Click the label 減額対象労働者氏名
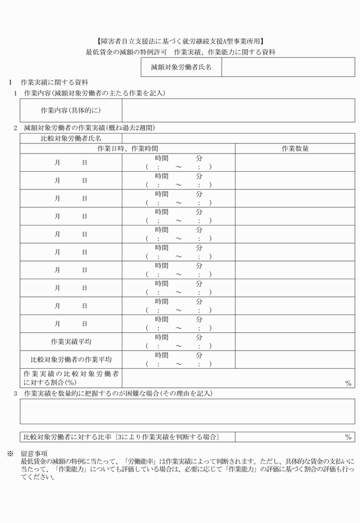click(x=181, y=67)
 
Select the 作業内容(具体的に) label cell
click(x=71, y=110)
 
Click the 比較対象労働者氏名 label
click(x=71, y=138)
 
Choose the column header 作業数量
click(x=295, y=148)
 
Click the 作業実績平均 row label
click(x=71, y=341)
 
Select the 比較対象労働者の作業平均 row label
click(x=71, y=359)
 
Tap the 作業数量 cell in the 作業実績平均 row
click(x=295, y=341)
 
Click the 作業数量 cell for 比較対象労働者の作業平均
click(x=295, y=359)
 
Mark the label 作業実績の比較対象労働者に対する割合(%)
click(x=71, y=377)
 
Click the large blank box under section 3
click(x=187, y=411)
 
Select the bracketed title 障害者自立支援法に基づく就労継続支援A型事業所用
click(x=180, y=41)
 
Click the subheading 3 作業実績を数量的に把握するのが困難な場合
click(x=117, y=393)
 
